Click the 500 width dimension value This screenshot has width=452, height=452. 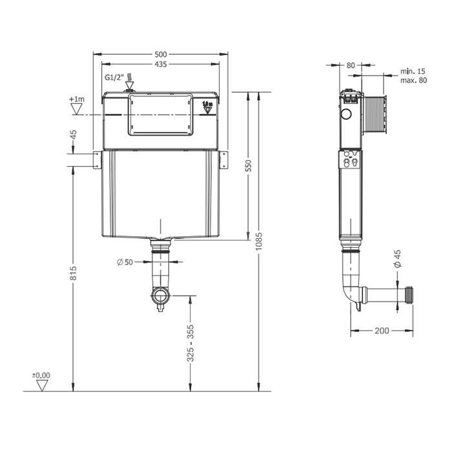[x=161, y=54]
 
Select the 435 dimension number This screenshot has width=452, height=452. [x=161, y=65]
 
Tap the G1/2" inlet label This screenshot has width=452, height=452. [x=114, y=77]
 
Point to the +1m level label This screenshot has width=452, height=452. [x=77, y=99]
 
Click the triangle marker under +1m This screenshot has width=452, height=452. [x=77, y=109]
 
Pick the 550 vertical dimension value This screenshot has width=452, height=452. [x=249, y=165]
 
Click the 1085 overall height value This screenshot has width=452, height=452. [x=259, y=241]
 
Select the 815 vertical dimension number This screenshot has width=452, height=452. [x=73, y=272]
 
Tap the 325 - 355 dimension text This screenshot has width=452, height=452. [x=190, y=343]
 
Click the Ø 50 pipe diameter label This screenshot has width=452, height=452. [x=125, y=262]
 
